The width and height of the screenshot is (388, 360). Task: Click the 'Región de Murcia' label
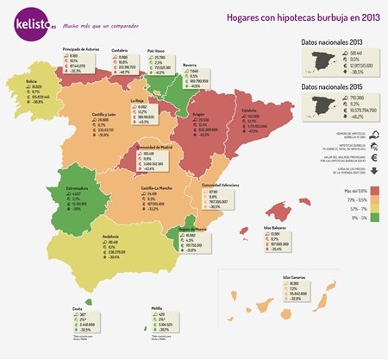tap(195, 229)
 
